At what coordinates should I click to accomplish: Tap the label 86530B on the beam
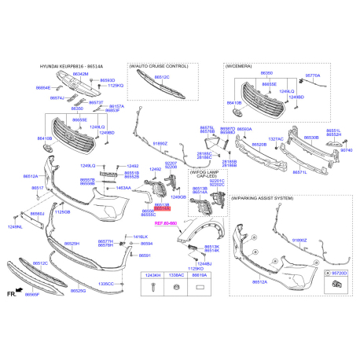coord(312,138)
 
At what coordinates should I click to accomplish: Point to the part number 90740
coord(346,150)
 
